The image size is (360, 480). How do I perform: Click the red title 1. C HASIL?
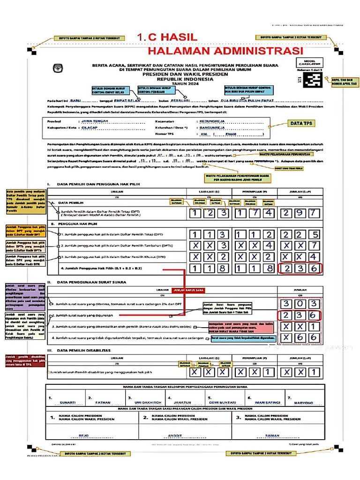point(168,37)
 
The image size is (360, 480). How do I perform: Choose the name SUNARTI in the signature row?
point(67,402)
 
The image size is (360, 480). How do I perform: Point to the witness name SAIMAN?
point(272,435)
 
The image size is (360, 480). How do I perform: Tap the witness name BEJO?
point(83,435)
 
